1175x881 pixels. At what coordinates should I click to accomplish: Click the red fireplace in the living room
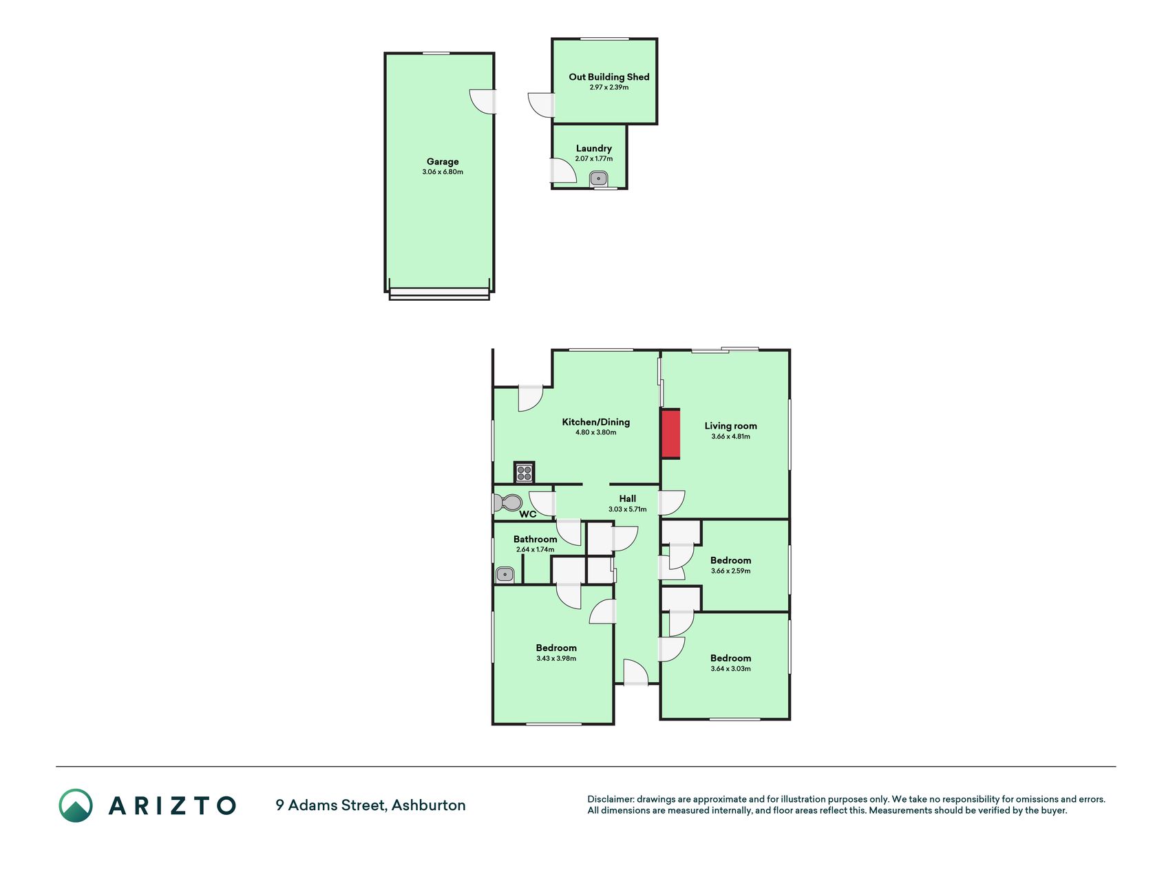tap(670, 434)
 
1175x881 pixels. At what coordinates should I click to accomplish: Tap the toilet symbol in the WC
tap(508, 502)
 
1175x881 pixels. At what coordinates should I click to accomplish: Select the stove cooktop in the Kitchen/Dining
tap(525, 472)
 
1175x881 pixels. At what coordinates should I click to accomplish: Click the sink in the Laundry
tap(599, 179)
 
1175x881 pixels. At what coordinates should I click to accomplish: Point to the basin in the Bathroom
tap(505, 574)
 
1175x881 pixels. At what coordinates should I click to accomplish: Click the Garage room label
tap(443, 162)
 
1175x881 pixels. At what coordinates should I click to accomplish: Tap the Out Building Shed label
tap(609, 77)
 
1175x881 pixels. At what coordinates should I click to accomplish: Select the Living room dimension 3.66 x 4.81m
tap(731, 436)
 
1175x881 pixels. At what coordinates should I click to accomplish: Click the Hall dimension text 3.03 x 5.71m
tap(628, 509)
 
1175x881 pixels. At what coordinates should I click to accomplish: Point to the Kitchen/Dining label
tap(596, 422)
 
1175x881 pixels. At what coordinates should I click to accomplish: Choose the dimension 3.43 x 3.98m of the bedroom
tap(556, 659)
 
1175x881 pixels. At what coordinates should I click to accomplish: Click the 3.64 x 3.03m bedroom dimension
tap(731, 669)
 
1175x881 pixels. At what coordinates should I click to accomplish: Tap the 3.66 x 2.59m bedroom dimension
tap(731, 571)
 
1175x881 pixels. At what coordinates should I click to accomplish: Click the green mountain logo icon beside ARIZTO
tap(76, 805)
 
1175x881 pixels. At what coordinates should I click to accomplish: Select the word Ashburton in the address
tap(429, 805)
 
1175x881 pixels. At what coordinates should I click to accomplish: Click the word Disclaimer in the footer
tap(610, 799)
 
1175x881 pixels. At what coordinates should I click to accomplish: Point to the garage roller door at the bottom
tap(439, 295)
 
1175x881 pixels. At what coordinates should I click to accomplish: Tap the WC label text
tap(528, 514)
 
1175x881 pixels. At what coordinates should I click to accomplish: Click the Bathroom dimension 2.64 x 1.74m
tap(536, 550)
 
